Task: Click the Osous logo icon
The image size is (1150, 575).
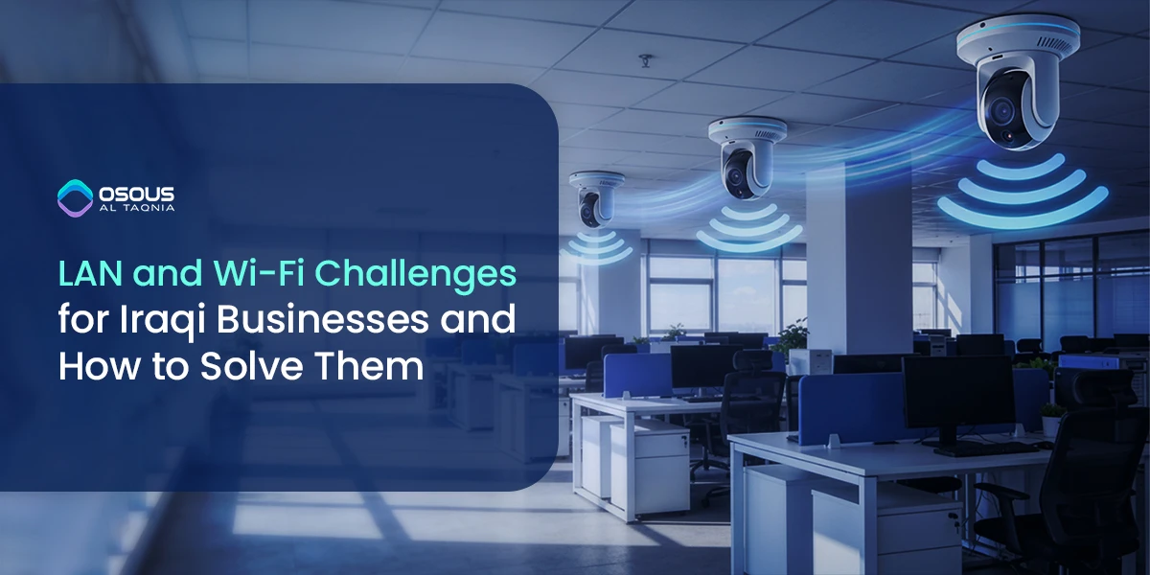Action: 74,197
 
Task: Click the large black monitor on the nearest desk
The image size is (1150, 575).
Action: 958,398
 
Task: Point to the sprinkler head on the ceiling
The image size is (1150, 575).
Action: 644,61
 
